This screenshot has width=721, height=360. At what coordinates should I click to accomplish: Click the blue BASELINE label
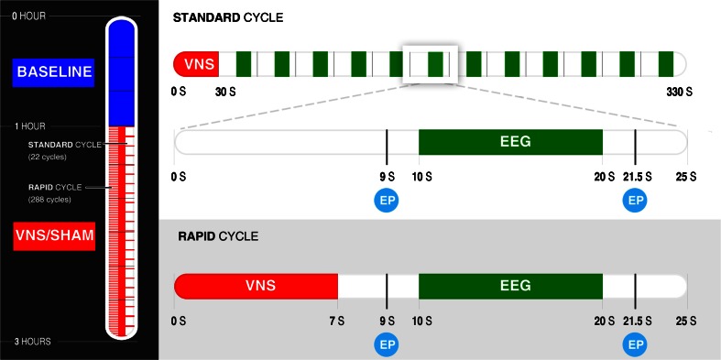click(x=54, y=71)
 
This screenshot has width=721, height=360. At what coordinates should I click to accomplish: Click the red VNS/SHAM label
click(x=54, y=237)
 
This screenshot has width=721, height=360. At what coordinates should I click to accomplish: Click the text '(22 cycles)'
click(x=48, y=157)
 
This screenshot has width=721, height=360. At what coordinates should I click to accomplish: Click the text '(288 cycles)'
click(x=49, y=200)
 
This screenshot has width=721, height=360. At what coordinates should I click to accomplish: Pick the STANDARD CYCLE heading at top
click(x=228, y=17)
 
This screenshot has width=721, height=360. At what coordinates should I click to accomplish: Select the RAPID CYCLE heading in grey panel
click(x=218, y=236)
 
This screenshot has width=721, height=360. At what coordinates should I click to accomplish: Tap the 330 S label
click(x=679, y=92)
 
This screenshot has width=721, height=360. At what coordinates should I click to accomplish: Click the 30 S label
click(x=224, y=92)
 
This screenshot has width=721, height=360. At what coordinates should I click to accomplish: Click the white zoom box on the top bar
click(x=430, y=64)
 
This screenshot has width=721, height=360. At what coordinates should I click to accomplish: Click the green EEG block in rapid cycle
click(x=510, y=286)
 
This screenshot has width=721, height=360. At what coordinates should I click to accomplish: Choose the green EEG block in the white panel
click(x=510, y=142)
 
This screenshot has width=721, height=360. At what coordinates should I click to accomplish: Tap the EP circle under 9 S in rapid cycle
click(x=387, y=344)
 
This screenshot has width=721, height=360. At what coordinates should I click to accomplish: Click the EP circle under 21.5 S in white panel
click(x=634, y=200)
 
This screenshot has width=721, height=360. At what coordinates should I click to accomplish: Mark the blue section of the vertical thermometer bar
click(x=121, y=73)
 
